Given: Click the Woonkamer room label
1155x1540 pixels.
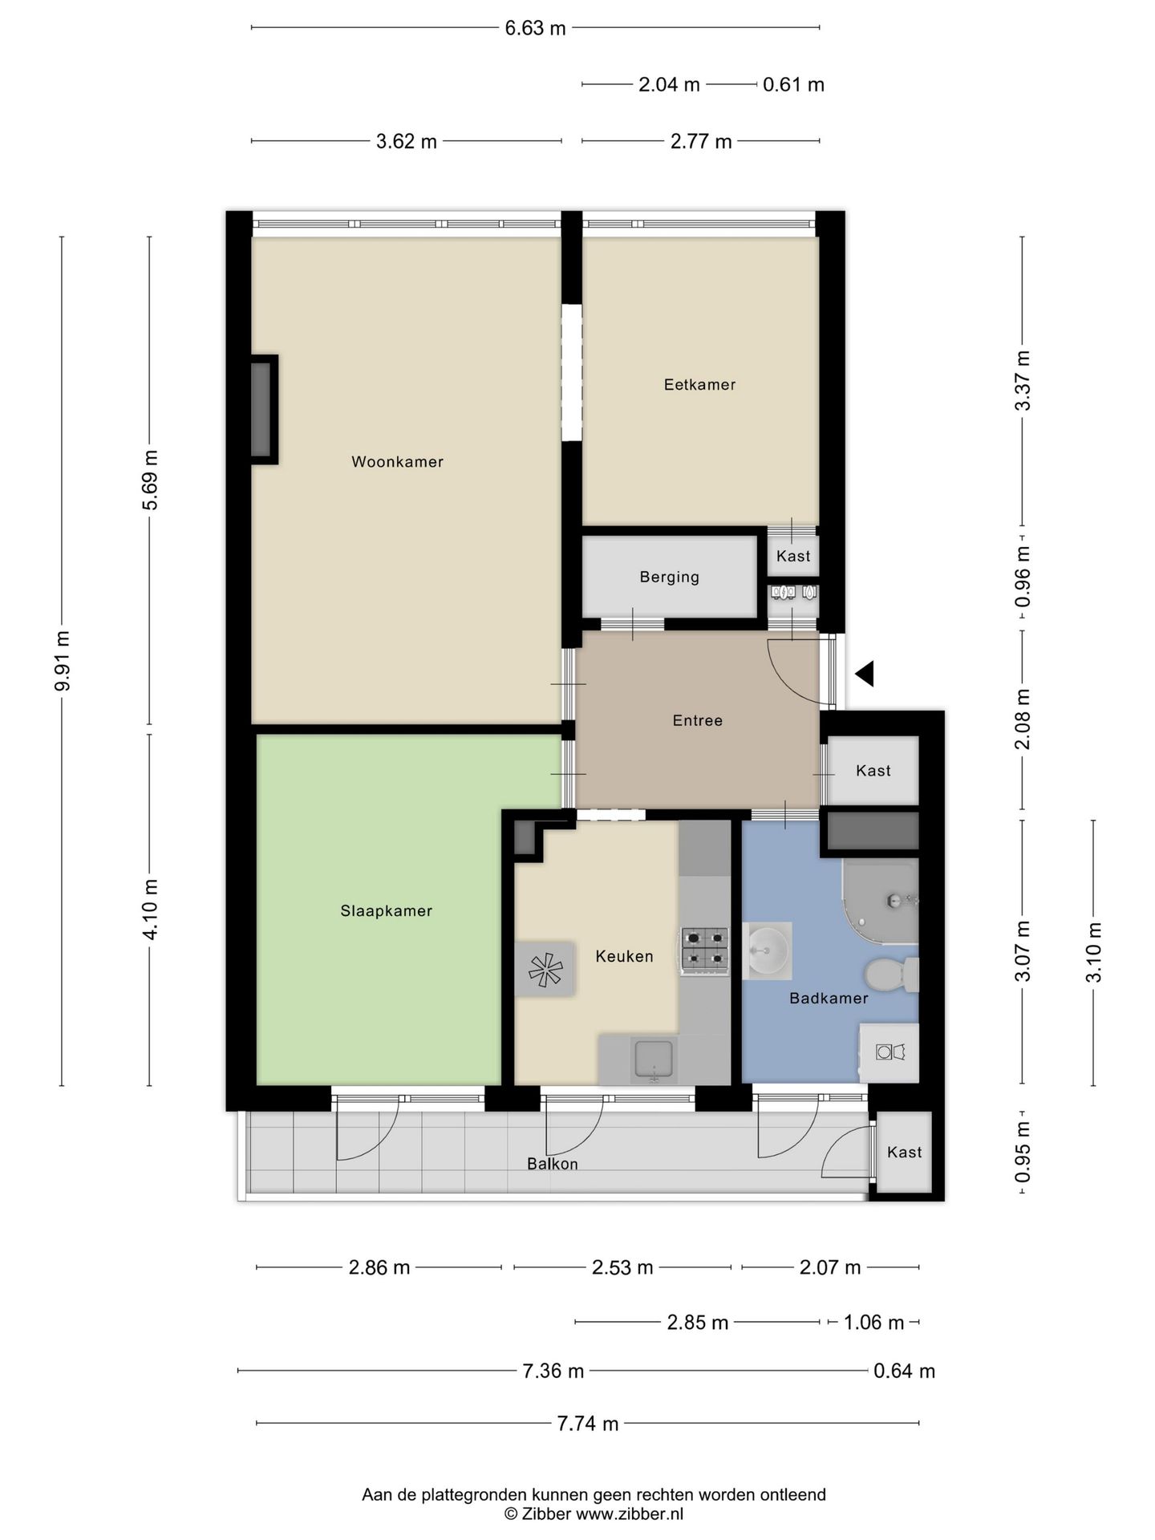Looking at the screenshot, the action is click(x=397, y=462).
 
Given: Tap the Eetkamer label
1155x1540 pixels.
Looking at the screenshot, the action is click(x=699, y=385).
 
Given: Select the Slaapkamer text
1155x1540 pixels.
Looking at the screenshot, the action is click(x=386, y=911).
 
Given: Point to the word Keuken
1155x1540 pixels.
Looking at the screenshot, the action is click(x=624, y=956).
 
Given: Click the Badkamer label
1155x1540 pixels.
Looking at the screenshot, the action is click(x=829, y=999).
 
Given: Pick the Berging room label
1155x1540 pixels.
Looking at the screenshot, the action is click(x=669, y=577).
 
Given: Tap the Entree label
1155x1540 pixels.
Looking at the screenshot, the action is click(x=697, y=720).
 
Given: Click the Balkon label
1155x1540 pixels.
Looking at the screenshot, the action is click(x=552, y=1164).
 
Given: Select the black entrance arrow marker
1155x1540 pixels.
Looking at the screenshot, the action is click(x=865, y=674).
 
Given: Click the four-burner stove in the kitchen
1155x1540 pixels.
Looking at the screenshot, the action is click(x=705, y=950).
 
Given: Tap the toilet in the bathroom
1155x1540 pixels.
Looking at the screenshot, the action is click(x=892, y=975).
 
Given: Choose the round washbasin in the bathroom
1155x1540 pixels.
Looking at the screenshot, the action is click(x=768, y=950).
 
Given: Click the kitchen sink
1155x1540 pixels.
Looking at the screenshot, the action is click(x=654, y=1060).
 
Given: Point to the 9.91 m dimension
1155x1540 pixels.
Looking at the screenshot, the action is click(x=63, y=661).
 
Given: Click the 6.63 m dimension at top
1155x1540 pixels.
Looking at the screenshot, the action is click(x=535, y=29).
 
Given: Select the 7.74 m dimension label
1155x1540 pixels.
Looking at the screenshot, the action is click(x=588, y=1424).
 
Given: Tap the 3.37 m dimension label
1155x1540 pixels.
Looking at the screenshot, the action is click(x=1023, y=381).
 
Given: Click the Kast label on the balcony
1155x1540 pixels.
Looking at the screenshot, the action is click(x=904, y=1152).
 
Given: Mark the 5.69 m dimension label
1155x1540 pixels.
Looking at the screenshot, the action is click(x=150, y=480).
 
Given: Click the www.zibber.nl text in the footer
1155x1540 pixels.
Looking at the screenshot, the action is click(x=630, y=1514).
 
